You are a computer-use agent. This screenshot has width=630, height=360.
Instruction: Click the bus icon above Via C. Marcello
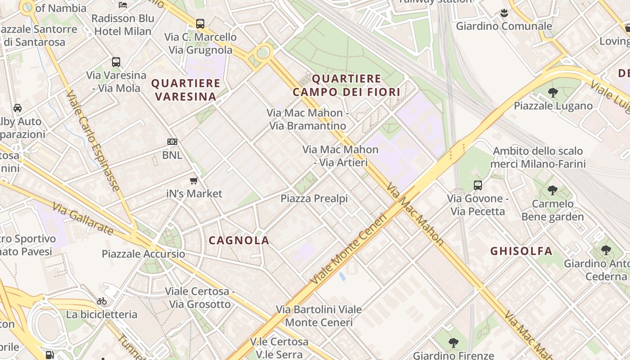click(x=200, y=23)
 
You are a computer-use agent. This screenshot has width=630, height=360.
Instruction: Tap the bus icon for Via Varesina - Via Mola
click(x=116, y=62)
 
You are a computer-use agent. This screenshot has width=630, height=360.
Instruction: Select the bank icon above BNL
click(x=172, y=142)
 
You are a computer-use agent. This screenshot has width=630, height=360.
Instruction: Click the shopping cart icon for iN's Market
click(x=193, y=180)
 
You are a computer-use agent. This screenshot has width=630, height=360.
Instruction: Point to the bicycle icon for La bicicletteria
click(x=102, y=301)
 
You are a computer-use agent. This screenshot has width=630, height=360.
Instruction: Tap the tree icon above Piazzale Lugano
click(x=553, y=93)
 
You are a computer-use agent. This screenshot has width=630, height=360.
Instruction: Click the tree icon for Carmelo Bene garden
click(x=553, y=190)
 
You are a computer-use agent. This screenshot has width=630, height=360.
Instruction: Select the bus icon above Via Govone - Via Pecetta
click(x=478, y=185)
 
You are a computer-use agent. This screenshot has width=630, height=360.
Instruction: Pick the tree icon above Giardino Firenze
click(x=454, y=343)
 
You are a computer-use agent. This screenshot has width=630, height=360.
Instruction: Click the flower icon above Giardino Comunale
click(x=504, y=13)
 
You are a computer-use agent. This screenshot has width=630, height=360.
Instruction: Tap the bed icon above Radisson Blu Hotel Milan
click(x=122, y=5)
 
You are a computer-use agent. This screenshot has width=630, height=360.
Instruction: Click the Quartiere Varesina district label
click(x=186, y=90)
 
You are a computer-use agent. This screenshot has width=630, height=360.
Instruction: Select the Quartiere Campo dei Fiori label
click(x=346, y=85)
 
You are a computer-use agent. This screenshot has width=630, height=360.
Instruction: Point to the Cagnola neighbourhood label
click(x=239, y=240)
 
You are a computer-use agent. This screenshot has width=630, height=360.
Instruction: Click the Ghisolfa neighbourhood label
click(x=521, y=251)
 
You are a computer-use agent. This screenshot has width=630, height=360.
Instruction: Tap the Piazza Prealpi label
click(x=314, y=198)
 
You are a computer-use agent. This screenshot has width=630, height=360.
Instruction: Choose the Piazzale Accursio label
click(x=143, y=254)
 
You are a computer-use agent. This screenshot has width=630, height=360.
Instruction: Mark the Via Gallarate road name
click(x=82, y=219)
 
